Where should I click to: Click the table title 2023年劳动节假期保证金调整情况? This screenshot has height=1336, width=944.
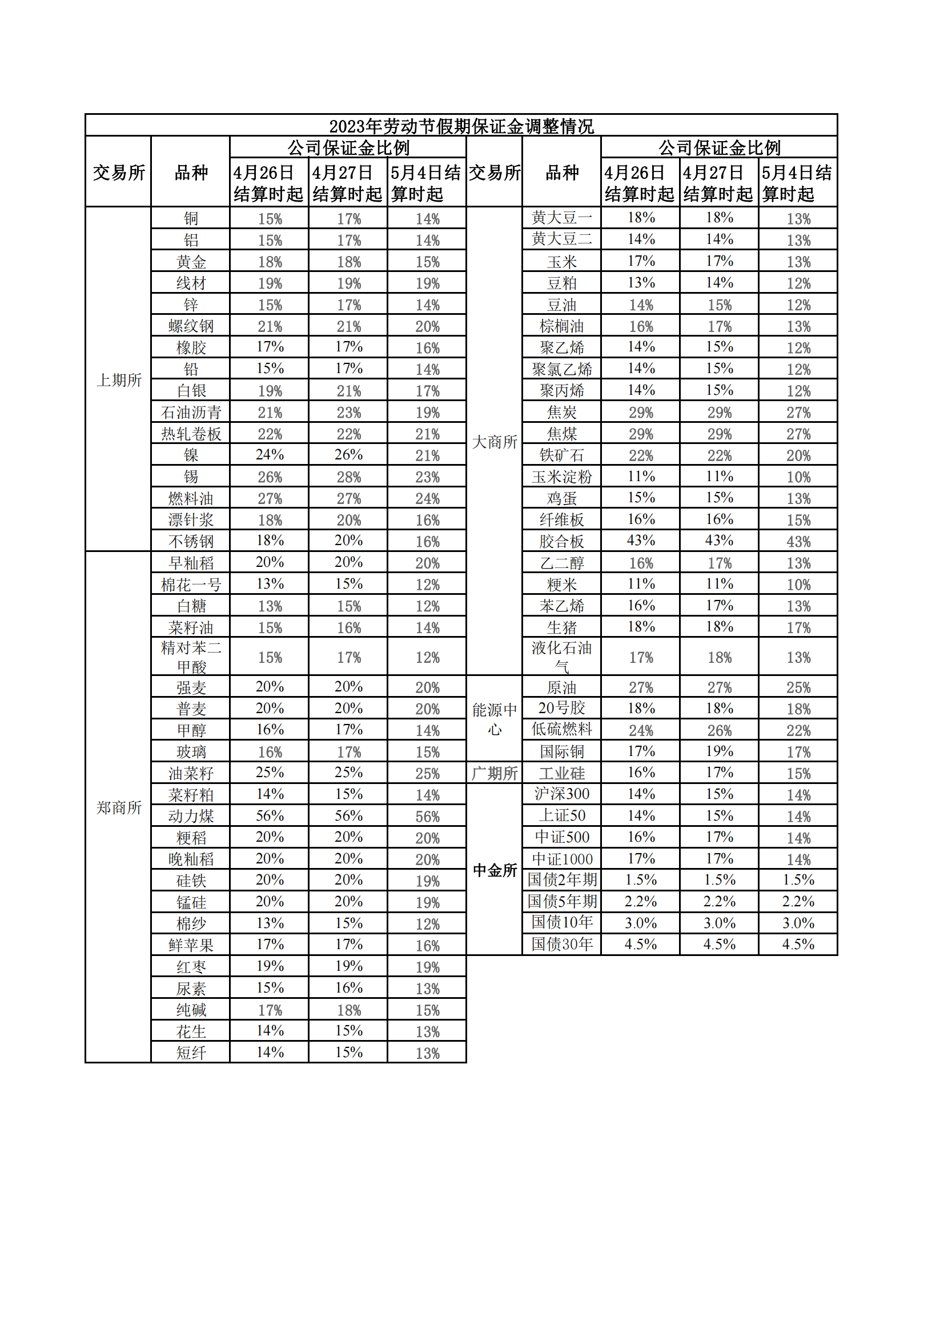(461, 126)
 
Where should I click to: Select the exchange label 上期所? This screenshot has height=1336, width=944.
(119, 380)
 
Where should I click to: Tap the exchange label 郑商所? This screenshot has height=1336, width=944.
(119, 807)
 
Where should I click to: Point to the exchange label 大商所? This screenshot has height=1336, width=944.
(495, 442)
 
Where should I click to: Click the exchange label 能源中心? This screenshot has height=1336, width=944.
(495, 719)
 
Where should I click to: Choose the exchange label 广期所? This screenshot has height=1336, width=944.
(495, 773)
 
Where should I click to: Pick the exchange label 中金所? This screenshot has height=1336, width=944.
(495, 870)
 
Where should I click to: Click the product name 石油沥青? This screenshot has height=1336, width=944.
(191, 413)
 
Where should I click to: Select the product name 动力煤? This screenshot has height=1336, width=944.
(191, 816)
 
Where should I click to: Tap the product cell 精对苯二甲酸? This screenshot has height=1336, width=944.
(191, 657)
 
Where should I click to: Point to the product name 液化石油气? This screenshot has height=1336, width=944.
(561, 657)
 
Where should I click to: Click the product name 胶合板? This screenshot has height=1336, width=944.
(561, 541)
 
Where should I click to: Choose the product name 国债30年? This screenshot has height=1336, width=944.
(561, 944)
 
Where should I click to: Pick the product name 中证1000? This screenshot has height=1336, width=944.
(561, 859)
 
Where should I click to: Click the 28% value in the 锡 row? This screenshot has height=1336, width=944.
(348, 477)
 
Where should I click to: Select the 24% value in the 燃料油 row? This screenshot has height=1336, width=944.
(428, 499)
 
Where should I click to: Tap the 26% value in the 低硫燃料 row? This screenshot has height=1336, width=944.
(720, 730)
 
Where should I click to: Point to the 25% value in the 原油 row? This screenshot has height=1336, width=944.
(798, 687)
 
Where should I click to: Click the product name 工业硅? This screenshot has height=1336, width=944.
(561, 773)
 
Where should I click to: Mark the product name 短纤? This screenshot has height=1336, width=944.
(191, 1053)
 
